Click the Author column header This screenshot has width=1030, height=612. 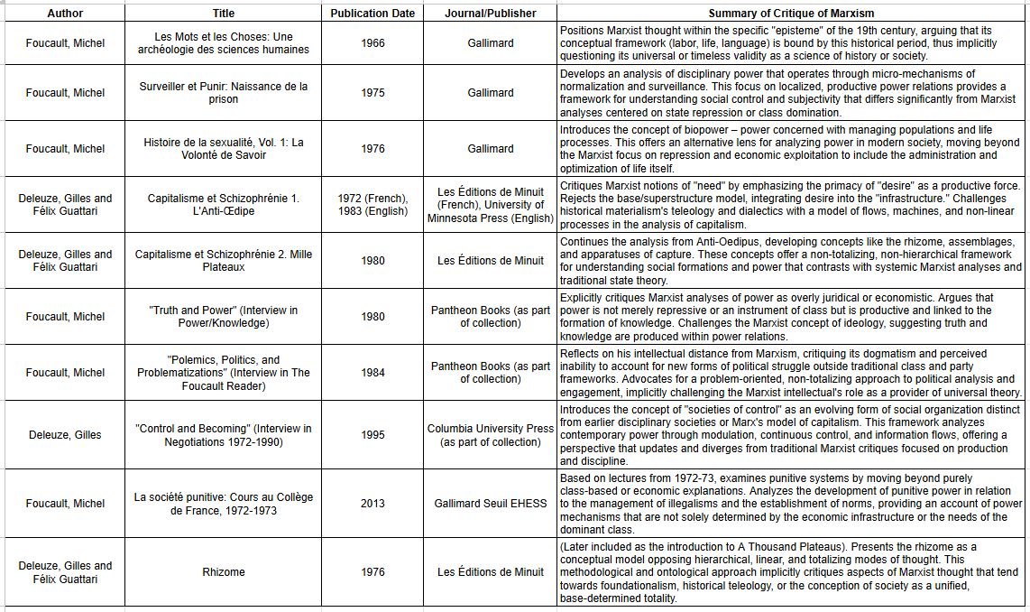(64, 14)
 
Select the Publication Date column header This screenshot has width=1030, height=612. (372, 14)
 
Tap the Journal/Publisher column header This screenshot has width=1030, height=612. (491, 14)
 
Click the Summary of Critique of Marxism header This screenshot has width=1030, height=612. (791, 14)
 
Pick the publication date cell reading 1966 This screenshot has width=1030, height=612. (372, 43)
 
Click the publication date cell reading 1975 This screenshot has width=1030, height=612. (372, 93)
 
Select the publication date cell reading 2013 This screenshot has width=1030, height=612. (372, 504)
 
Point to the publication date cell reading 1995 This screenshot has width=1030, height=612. (372, 435)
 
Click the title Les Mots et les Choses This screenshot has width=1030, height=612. (223, 43)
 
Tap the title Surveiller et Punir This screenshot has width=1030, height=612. (223, 93)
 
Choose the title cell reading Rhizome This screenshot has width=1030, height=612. (223, 572)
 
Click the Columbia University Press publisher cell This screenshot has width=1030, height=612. (491, 435)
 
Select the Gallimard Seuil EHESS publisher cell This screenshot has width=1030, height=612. (491, 504)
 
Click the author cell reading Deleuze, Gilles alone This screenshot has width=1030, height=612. (64, 435)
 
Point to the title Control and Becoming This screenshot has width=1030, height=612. (223, 435)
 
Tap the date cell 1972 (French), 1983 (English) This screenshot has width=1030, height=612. (372, 205)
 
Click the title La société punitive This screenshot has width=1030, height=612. (223, 504)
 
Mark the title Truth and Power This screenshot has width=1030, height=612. (223, 317)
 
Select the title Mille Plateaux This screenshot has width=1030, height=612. (223, 261)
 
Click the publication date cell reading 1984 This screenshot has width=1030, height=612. (372, 373)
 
